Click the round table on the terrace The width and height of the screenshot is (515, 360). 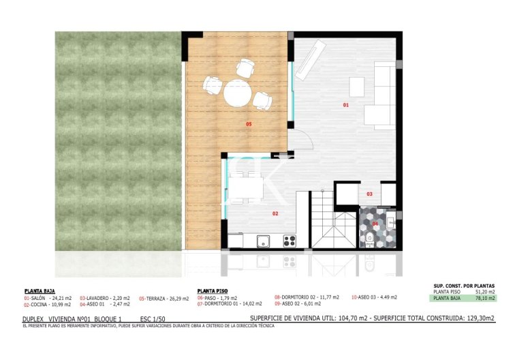[238, 92]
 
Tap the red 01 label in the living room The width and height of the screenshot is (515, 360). [345, 106]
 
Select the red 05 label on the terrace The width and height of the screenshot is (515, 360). [249, 123]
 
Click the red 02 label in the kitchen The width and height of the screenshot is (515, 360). [275, 213]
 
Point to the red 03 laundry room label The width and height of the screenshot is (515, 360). [369, 194]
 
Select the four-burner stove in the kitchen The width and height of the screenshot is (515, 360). [289, 240]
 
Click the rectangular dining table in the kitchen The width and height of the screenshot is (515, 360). [244, 186]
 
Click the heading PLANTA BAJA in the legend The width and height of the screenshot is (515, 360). [40, 289]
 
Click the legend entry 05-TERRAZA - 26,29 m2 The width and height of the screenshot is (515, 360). [163, 298]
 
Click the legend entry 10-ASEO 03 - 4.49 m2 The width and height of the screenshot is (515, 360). [374, 297]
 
